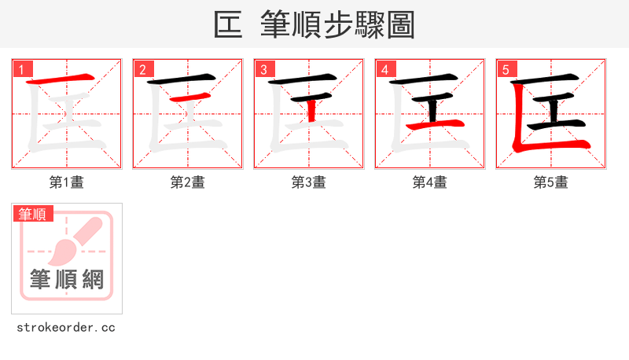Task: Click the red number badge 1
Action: [x=21, y=69]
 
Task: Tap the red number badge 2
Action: [x=142, y=69]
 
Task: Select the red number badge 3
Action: [x=263, y=69]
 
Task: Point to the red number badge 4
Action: [x=384, y=69]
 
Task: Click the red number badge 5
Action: [x=506, y=69]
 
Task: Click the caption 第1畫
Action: [x=67, y=182]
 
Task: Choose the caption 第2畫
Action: [x=188, y=182]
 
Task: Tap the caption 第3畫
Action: [x=309, y=182]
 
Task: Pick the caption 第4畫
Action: [x=430, y=182]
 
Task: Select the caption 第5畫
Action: [x=551, y=182]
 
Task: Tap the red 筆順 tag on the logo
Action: [x=33, y=214]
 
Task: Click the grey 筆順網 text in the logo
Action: [x=67, y=279]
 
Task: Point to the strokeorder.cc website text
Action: [x=67, y=327]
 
